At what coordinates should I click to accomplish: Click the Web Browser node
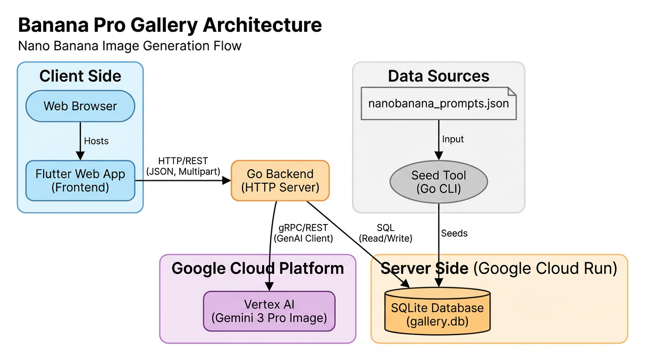(80, 106)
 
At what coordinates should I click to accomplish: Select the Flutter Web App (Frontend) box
(80, 180)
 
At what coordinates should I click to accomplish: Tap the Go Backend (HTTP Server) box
(280, 180)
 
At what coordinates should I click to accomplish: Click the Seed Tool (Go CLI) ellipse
(438, 182)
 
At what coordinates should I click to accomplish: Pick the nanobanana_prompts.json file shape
(438, 103)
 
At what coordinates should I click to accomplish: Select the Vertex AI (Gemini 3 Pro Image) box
(269, 311)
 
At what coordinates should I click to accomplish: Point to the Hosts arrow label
(96, 141)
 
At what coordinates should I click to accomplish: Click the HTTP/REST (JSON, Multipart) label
(183, 166)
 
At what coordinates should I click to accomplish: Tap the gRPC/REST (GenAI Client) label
(303, 233)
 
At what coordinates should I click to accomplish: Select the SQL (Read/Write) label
(385, 233)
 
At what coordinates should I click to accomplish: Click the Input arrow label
(453, 139)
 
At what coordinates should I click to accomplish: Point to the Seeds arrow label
(454, 233)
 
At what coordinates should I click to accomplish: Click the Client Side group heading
(80, 76)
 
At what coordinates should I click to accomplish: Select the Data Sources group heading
(438, 76)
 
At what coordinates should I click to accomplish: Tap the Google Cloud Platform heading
(258, 268)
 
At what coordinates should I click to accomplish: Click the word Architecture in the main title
(262, 25)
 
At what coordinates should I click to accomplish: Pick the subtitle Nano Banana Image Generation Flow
(129, 46)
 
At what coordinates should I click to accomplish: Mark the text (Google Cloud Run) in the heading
(544, 268)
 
